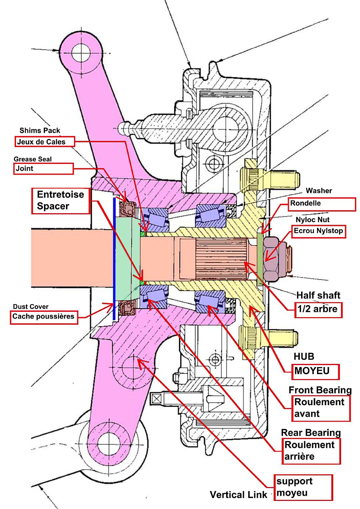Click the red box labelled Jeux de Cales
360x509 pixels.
tap(45, 142)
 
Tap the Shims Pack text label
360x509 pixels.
tap(40, 130)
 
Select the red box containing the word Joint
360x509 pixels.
tap(43, 169)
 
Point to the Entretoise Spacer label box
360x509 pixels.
tap(61, 201)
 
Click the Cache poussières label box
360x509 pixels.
tap(43, 316)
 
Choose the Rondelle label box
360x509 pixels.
tap(322, 204)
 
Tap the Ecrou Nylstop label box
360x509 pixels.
tap(318, 231)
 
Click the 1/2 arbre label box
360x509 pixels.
tap(318, 309)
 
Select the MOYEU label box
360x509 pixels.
tap(315, 371)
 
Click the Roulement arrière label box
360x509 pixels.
tap(311, 451)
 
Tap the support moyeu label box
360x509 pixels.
tap(303, 487)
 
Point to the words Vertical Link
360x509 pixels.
tap(238, 495)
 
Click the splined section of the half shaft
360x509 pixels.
tap(220, 258)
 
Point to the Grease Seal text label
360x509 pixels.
tap(33, 159)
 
